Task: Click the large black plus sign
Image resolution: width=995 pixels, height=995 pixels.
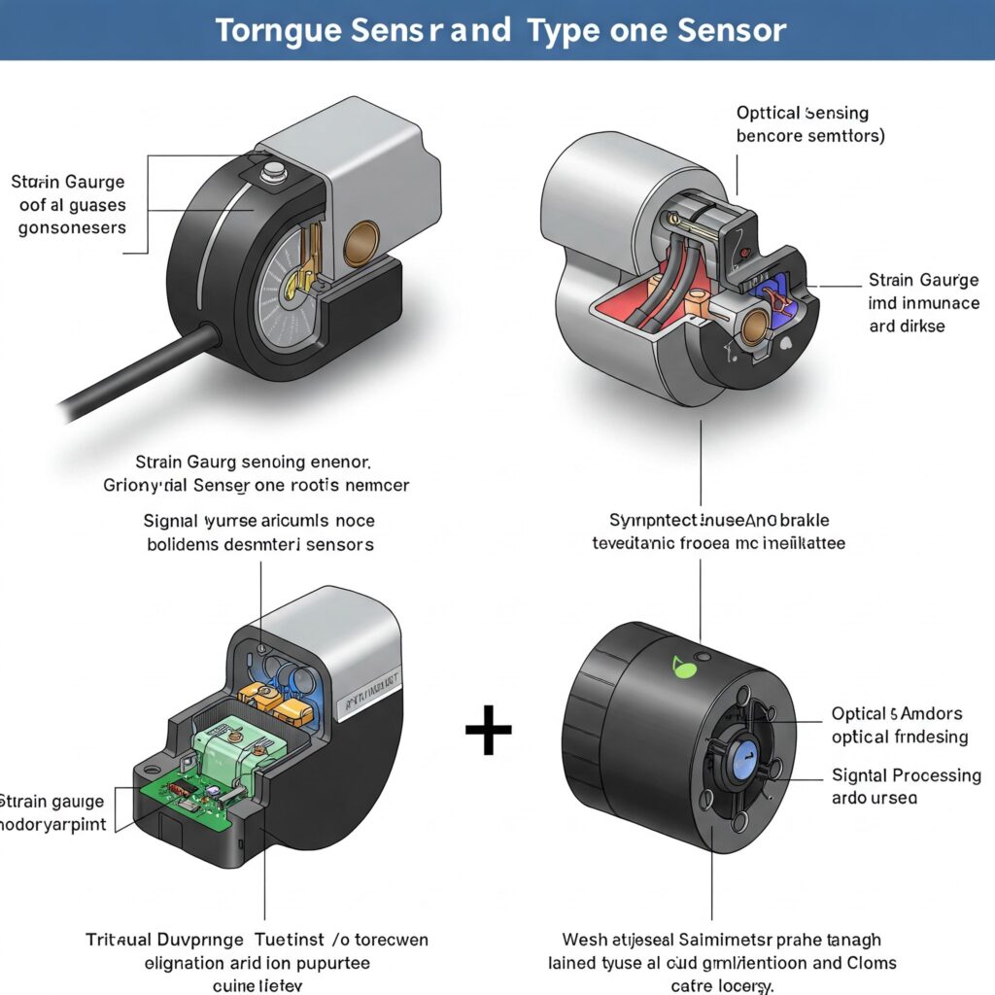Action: [488, 732]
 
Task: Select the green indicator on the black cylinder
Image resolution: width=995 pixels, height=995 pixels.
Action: [679, 666]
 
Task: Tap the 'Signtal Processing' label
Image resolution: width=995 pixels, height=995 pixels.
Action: [907, 774]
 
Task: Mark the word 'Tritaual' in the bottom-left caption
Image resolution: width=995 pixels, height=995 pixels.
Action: [122, 940]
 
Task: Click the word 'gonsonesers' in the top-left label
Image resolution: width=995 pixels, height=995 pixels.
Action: [73, 227]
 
